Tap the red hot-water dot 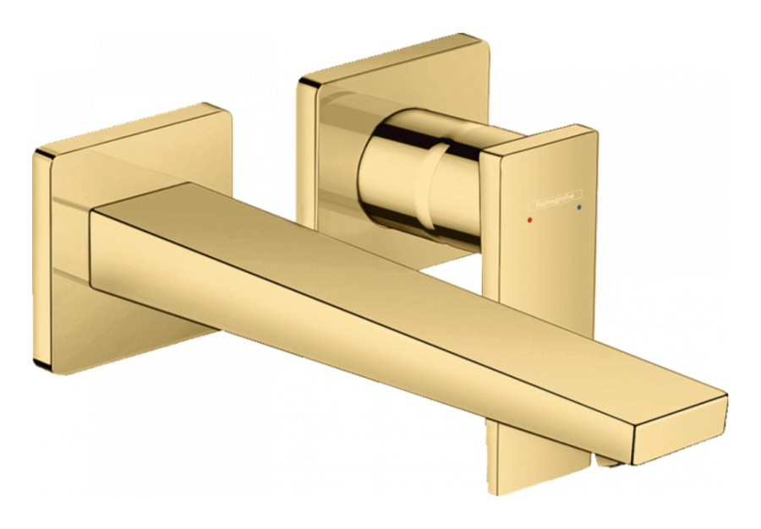[x=529, y=220]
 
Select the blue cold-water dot [x=578, y=207]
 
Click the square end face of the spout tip [x=681, y=430]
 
